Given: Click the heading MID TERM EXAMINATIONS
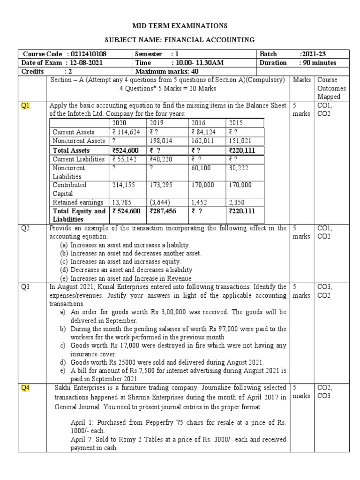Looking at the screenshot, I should pos(180,25).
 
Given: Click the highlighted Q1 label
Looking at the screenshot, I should pos(25,105).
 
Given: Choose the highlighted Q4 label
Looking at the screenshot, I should pos(25,387).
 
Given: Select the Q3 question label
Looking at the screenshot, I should pos(25,286).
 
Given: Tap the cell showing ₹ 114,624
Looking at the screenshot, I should pos(126,132).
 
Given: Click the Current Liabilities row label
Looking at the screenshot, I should pos(78,159).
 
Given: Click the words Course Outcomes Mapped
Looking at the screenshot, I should pos(331,88).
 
